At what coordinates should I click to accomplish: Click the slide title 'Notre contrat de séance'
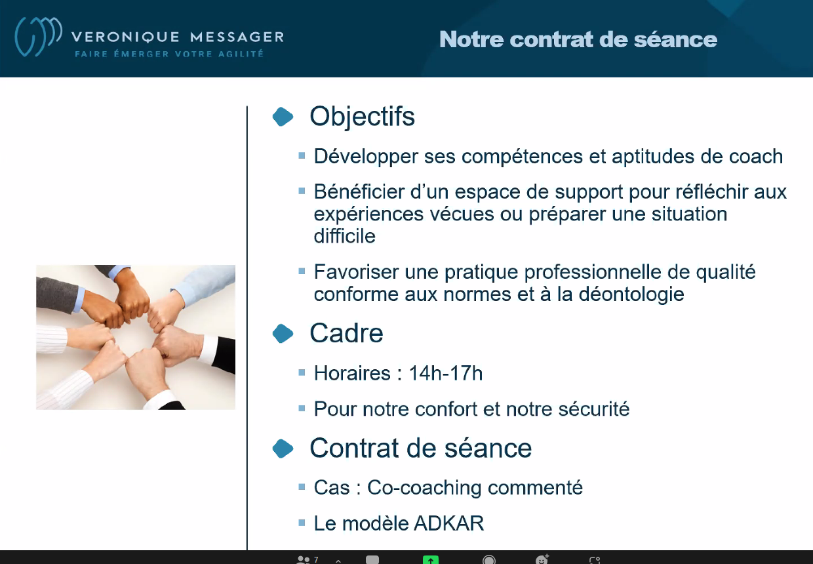tap(578, 39)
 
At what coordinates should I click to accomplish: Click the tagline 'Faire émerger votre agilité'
tap(169, 54)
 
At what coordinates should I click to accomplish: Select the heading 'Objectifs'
tap(362, 117)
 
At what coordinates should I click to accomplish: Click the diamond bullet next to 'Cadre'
tap(283, 333)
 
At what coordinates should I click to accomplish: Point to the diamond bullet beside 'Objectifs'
tap(283, 117)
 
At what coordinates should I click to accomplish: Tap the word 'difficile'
tap(344, 236)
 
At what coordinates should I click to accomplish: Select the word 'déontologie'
tap(631, 294)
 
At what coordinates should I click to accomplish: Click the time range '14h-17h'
tap(446, 373)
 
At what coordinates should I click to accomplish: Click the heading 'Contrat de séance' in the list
tap(421, 448)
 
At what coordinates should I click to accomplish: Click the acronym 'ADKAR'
tap(449, 523)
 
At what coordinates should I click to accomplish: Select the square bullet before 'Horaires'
tap(302, 373)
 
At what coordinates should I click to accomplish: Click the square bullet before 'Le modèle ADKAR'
tap(302, 523)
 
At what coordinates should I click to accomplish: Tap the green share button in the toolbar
tap(431, 559)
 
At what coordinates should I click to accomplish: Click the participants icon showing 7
tap(307, 559)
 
